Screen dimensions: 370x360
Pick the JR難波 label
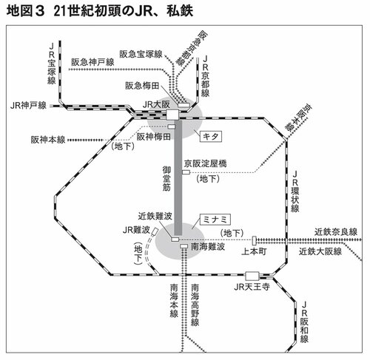[136, 231]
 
